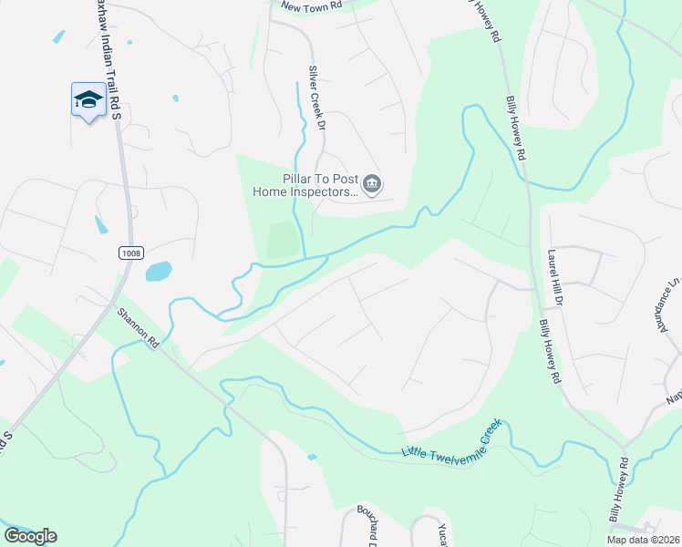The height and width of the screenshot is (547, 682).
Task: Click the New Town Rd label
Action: pos(311,5)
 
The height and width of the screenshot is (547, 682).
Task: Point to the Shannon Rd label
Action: pos(138,327)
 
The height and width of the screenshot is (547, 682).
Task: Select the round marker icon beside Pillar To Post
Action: pos(372,185)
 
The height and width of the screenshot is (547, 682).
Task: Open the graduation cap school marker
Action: pos(88,99)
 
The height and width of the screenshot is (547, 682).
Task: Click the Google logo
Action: pos(30,536)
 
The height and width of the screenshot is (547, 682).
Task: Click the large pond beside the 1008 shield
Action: pos(158,271)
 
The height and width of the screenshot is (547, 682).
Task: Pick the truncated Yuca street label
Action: pos(441,534)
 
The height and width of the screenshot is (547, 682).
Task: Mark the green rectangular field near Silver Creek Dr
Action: pos(284,240)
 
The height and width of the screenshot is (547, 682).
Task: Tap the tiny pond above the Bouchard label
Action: pos(312,456)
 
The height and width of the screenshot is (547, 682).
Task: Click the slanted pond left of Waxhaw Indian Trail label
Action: pos(59,36)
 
